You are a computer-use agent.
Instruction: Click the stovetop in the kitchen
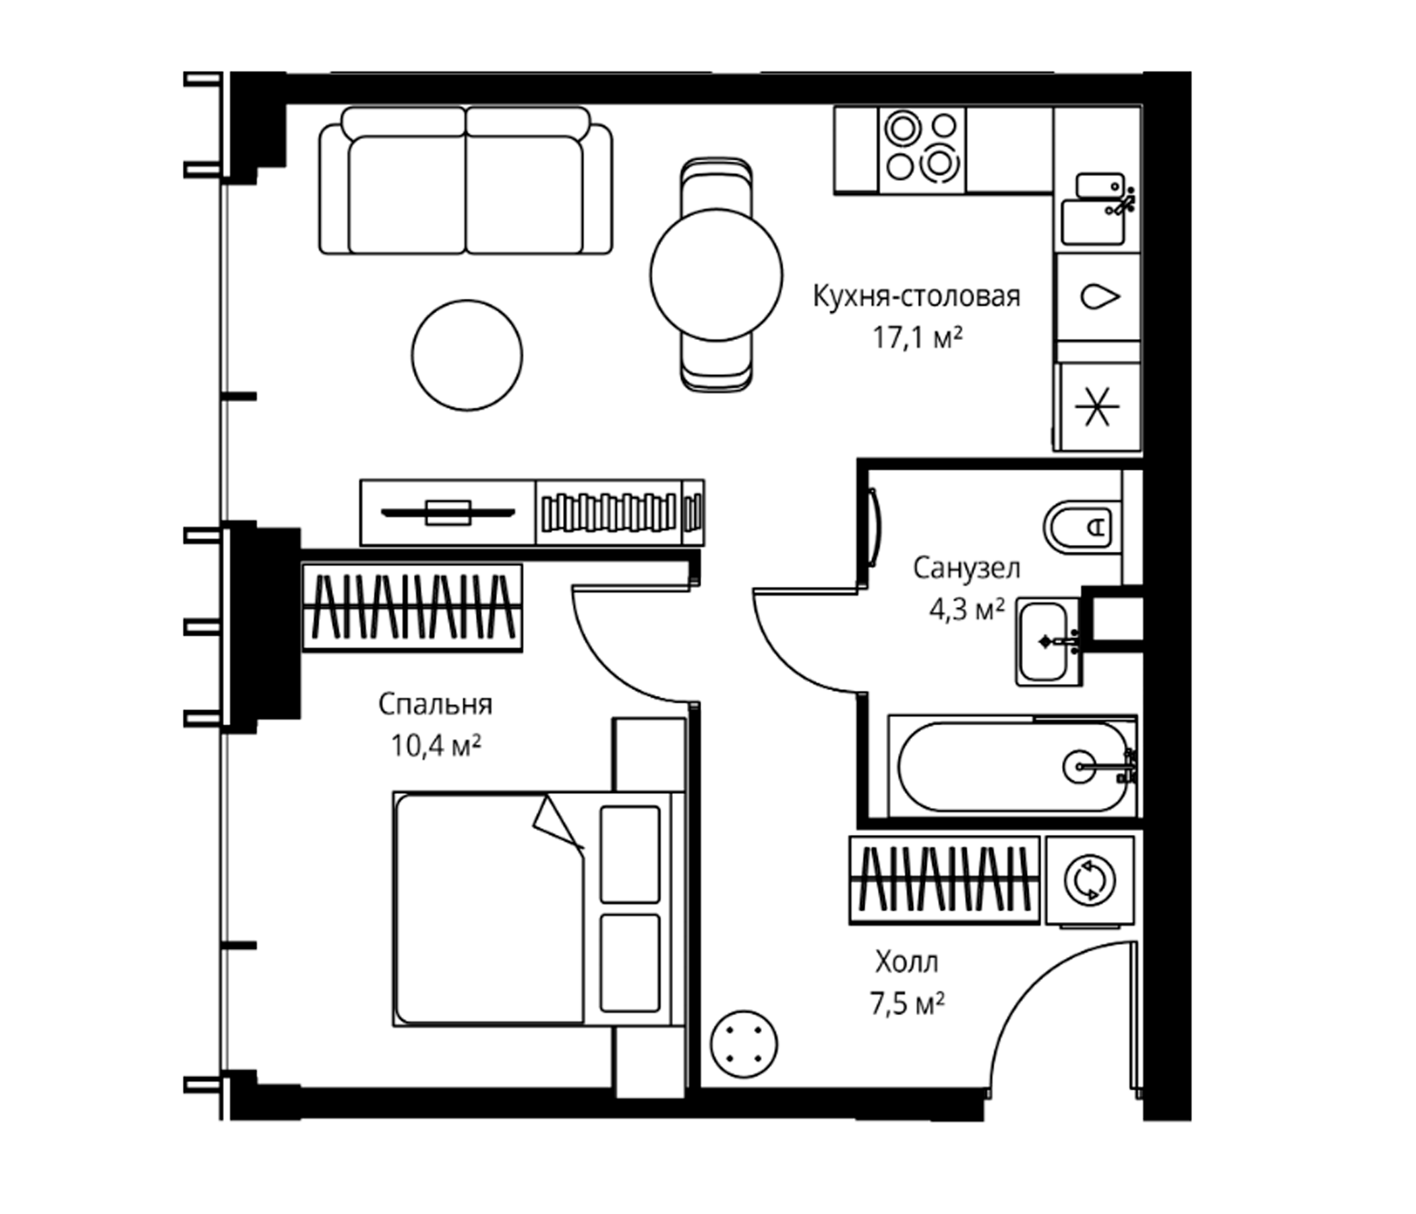[x=921, y=150]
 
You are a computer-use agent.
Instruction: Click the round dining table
[x=715, y=274]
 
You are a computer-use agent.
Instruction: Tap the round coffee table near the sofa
[x=467, y=355]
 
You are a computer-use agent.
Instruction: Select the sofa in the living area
[x=465, y=181]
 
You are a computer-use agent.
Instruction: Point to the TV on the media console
[x=448, y=512]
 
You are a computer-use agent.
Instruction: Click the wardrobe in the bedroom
[x=412, y=607]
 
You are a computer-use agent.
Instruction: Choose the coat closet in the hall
[x=945, y=880]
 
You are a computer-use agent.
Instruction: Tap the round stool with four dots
[x=744, y=1045]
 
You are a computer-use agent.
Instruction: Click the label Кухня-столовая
[x=916, y=297]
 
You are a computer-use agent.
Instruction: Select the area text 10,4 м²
[x=436, y=746]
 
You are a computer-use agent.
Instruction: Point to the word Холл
[x=907, y=962]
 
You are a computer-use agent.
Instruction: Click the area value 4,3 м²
[x=966, y=609]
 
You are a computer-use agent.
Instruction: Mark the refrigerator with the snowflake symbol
[x=1098, y=407]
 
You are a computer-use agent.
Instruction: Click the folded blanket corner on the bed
[x=556, y=822]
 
